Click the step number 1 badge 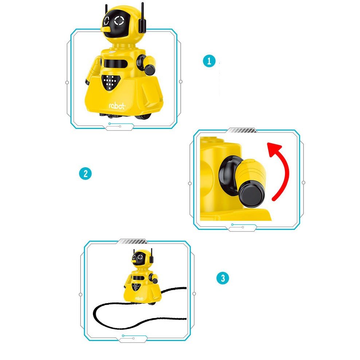[x=209, y=61]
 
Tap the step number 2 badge [x=85, y=173]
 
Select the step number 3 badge [x=223, y=279]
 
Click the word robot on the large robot [x=117, y=106]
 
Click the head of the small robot [x=141, y=259]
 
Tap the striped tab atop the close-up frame [x=242, y=130]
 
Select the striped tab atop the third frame [x=133, y=241]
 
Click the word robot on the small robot [x=139, y=298]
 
